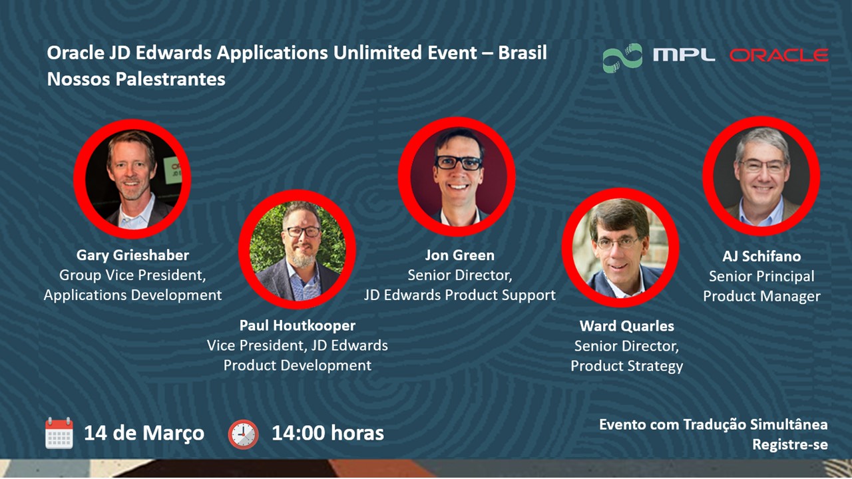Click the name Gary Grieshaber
click(132, 255)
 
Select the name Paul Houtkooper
click(297, 325)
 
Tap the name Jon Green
click(459, 255)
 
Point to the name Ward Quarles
click(626, 326)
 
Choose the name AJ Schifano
click(761, 256)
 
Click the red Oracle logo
click(779, 55)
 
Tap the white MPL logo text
click(684, 55)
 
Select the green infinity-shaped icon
click(622, 58)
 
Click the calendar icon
click(59, 433)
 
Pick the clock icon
click(243, 434)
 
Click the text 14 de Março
click(144, 433)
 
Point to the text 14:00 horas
click(327, 433)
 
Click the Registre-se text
click(790, 444)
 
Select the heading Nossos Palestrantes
click(136, 79)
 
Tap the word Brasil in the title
click(523, 53)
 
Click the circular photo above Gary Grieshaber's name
click(132, 178)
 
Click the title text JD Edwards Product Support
click(459, 295)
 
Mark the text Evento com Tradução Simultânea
click(714, 424)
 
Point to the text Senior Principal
click(761, 276)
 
